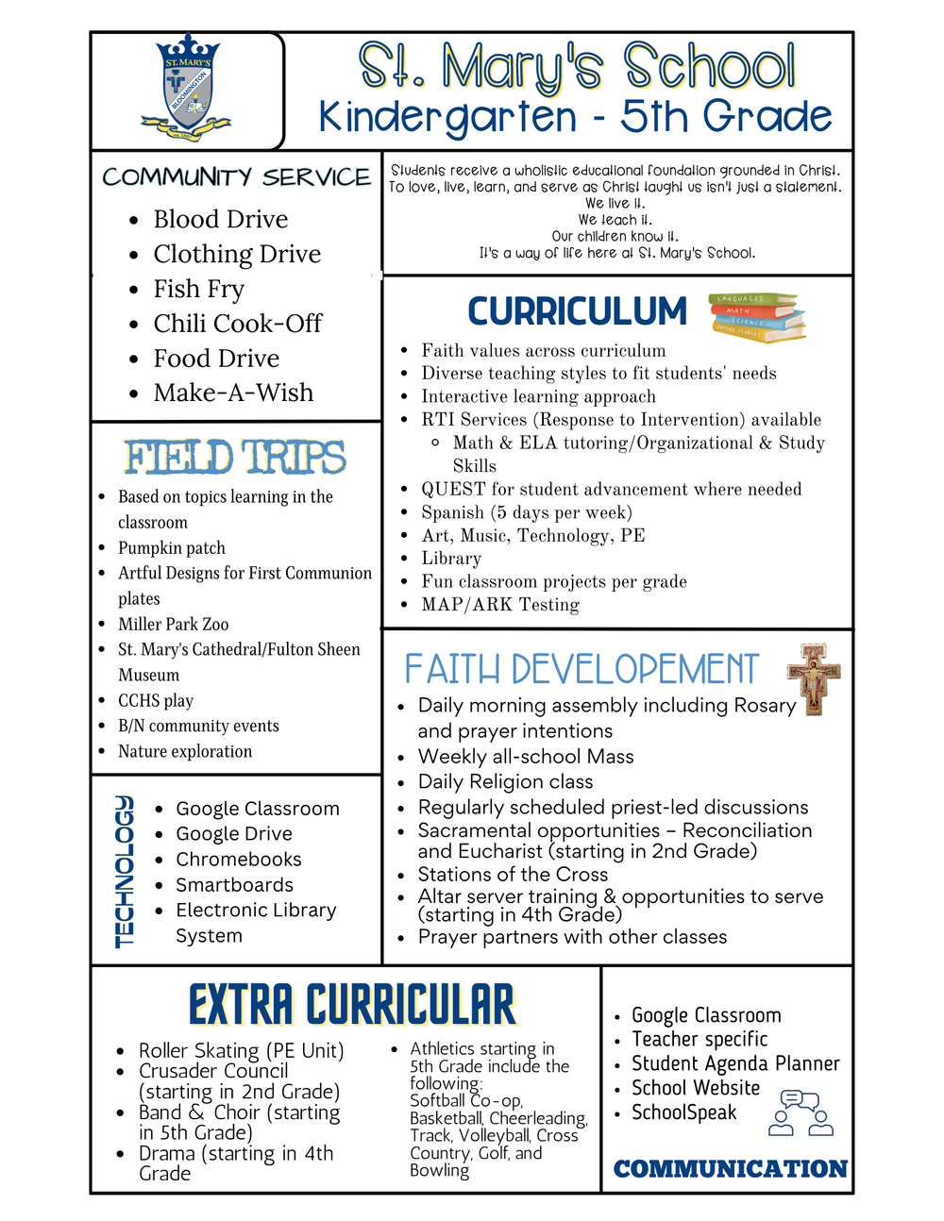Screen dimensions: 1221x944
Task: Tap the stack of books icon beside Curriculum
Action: [x=757, y=317]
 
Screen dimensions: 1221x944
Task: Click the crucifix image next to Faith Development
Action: [x=813, y=678]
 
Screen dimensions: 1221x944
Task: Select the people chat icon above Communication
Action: [x=801, y=1112]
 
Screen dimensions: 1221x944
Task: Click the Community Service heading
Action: [x=236, y=177]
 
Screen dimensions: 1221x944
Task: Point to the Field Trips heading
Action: [x=235, y=458]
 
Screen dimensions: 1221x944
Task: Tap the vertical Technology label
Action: [x=125, y=870]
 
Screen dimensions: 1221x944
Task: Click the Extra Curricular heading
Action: [x=352, y=1005]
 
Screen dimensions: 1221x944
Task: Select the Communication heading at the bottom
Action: [x=730, y=1169]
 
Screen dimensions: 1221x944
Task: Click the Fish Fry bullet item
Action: [x=198, y=289]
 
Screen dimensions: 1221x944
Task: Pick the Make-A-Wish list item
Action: [x=233, y=393]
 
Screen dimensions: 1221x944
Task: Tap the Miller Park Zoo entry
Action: [x=173, y=624]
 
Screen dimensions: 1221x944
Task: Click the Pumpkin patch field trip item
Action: [x=171, y=547]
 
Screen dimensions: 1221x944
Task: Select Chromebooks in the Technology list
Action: [x=239, y=860]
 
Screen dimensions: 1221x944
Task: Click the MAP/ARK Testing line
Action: [x=500, y=605]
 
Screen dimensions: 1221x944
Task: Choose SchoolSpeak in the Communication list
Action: [x=683, y=1112]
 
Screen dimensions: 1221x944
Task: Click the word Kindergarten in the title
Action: [x=447, y=117]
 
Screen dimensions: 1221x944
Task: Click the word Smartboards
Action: [x=234, y=885]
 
